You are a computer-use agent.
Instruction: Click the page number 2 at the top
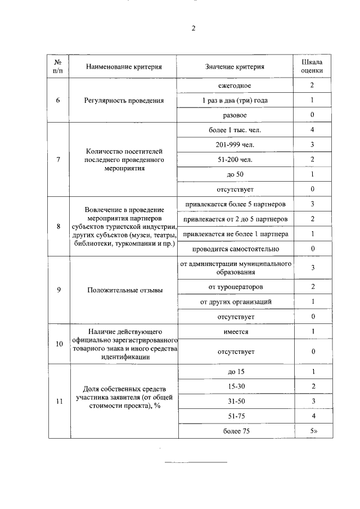[x=193, y=29]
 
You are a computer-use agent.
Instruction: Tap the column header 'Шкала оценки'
[x=312, y=66]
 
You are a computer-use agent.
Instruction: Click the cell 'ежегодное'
[x=235, y=86]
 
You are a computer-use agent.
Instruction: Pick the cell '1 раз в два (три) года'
[x=235, y=101]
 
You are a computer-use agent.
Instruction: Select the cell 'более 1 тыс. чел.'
[x=235, y=130]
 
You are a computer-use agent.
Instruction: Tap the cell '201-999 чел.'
[x=235, y=145]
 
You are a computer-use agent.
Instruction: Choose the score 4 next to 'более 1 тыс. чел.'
[x=312, y=130]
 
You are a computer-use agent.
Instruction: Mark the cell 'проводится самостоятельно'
[x=235, y=248]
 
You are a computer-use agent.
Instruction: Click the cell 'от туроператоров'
[x=235, y=287]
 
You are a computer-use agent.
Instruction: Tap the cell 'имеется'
[x=235, y=332]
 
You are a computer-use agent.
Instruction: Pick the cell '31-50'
[x=235, y=402]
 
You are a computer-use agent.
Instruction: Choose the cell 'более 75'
[x=235, y=431]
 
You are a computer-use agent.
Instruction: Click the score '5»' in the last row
[x=312, y=431]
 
